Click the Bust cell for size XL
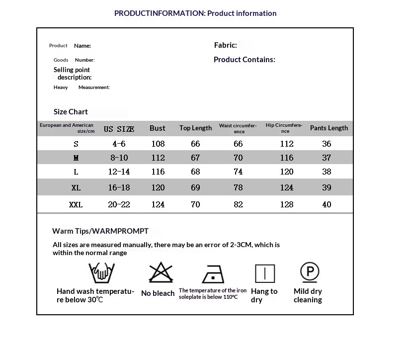[158, 187]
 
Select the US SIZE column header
[119, 129]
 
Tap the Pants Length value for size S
[327, 144]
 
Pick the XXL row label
[76, 204]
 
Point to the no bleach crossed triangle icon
[160, 273]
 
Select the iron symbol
[213, 274]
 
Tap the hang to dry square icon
[265, 273]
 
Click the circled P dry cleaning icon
[309, 271]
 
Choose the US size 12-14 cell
[119, 172]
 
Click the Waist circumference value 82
[238, 204]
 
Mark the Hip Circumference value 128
[287, 204]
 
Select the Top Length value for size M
[195, 158]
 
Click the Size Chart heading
[71, 112]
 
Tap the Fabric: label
[225, 45]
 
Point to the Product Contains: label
[244, 60]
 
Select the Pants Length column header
[329, 128]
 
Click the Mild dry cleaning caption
[308, 295]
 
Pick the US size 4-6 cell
[119, 144]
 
